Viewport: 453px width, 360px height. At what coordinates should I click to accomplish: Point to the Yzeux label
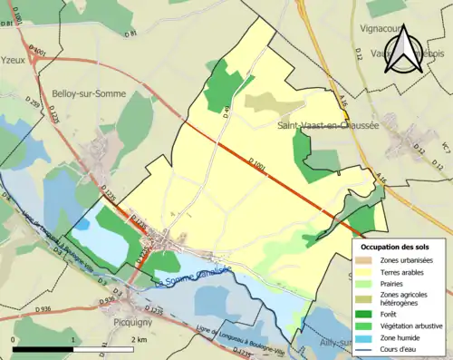14,76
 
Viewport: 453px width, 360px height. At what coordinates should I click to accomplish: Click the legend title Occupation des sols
395,246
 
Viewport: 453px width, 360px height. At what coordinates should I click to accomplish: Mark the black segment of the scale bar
44,348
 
